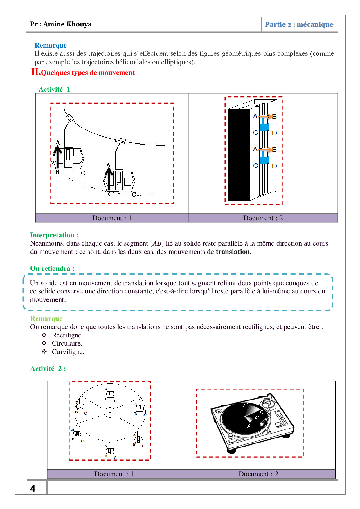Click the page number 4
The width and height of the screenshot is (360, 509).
(33, 488)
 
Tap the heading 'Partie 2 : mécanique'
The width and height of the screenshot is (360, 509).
(299, 24)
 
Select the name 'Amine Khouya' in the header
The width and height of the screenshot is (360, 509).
(67, 24)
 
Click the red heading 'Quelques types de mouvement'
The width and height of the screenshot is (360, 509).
(88, 73)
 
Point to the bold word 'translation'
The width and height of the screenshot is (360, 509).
(233, 252)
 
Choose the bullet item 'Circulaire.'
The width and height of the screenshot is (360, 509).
(67, 343)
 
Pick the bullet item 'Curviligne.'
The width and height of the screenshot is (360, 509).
(68, 352)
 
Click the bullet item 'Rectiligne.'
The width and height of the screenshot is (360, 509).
(67, 335)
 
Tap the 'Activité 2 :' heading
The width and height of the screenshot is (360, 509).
(48, 369)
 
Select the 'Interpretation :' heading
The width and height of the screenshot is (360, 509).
(54, 235)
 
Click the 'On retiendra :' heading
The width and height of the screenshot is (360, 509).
(52, 268)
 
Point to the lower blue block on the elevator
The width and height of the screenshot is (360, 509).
(264, 160)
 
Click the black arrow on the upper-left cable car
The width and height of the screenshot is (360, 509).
(57, 157)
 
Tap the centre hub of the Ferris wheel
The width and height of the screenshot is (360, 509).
(110, 412)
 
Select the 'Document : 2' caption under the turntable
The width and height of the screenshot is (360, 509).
(258, 474)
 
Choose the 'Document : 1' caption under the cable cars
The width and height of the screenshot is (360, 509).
(112, 218)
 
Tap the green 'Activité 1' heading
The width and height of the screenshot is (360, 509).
(54, 89)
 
